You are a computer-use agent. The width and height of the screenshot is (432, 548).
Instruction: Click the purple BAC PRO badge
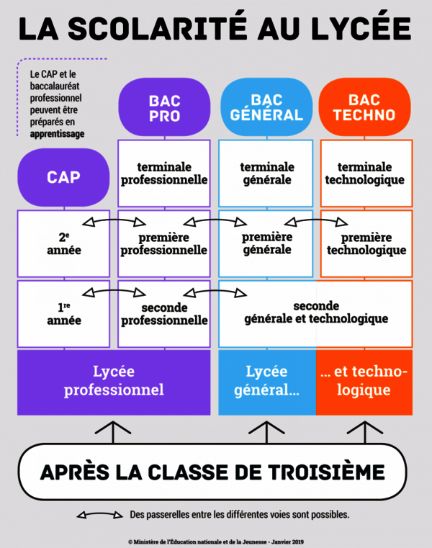[x=164, y=107]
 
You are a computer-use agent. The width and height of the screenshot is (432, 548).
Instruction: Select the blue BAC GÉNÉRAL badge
[x=266, y=107]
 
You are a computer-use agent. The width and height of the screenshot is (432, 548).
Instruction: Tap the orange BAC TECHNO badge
[x=364, y=107]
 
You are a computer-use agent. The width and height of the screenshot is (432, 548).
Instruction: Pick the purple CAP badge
[x=63, y=177]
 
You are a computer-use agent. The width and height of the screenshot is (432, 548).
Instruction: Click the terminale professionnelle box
[x=164, y=174]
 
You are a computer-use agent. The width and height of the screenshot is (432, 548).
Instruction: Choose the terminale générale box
[x=266, y=174]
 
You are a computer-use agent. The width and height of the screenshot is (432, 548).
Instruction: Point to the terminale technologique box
[x=366, y=174]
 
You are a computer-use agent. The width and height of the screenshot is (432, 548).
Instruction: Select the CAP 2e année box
[x=63, y=243]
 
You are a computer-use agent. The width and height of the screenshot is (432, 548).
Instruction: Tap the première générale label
[x=267, y=243]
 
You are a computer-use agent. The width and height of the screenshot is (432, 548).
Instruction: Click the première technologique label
[x=366, y=243]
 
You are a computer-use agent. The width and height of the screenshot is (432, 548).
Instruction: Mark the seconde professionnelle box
[x=164, y=314]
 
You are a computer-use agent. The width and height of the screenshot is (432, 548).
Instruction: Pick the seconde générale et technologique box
[x=315, y=314]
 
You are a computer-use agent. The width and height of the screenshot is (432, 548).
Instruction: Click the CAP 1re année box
[x=63, y=314]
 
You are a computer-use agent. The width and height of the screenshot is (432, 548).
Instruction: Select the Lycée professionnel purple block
[x=114, y=382]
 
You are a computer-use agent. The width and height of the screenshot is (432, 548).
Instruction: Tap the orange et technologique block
[x=364, y=382]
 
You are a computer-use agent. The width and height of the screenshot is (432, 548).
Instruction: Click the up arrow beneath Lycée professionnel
[x=113, y=433]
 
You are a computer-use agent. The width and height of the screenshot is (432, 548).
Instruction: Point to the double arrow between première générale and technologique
[x=316, y=220]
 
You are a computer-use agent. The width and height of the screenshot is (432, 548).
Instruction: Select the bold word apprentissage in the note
[x=57, y=134]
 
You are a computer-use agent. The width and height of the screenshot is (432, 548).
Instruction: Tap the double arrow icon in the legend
[x=99, y=514]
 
